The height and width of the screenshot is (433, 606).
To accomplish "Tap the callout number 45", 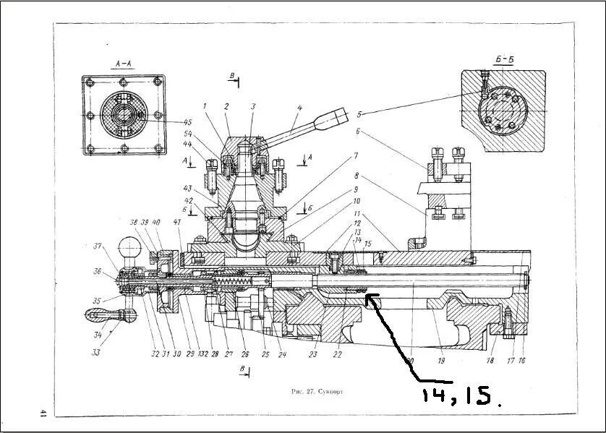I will click(x=168, y=121).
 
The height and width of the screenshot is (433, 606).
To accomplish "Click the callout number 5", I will click(x=359, y=113).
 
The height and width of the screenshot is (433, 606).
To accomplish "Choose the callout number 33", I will click(x=95, y=353).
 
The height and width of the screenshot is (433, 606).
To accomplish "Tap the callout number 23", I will click(x=313, y=354).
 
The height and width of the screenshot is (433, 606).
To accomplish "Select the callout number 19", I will click(x=441, y=359).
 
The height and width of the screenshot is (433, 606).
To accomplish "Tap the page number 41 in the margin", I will click(x=43, y=413).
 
